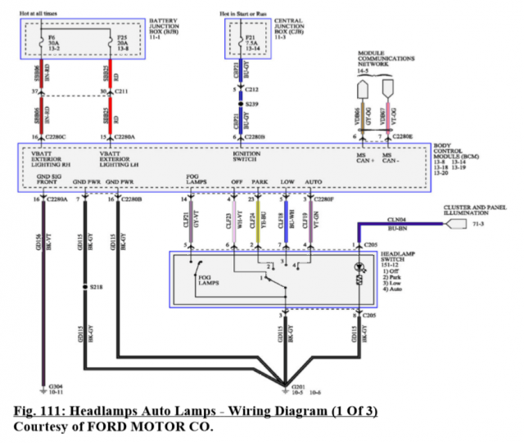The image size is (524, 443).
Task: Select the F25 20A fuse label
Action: tap(121, 42)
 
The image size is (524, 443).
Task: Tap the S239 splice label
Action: tap(251, 103)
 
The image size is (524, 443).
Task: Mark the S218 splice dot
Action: tap(85, 288)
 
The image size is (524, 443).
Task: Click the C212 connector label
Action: tap(251, 88)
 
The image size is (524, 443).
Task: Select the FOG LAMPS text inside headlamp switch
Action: tap(210, 280)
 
